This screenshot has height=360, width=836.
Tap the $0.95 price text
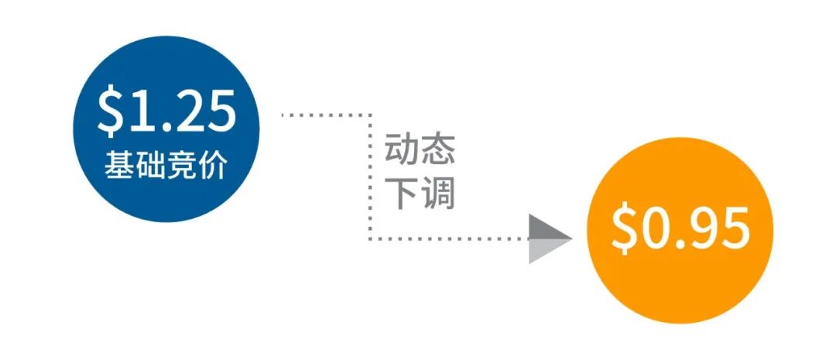click(680, 229)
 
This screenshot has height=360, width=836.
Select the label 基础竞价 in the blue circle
click(166, 166)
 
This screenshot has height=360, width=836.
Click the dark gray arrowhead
click(549, 230)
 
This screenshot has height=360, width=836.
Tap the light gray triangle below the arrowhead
click(542, 251)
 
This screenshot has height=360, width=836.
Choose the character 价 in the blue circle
click(212, 166)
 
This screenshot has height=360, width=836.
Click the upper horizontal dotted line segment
click(325, 115)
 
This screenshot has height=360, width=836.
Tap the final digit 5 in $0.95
click(735, 229)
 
